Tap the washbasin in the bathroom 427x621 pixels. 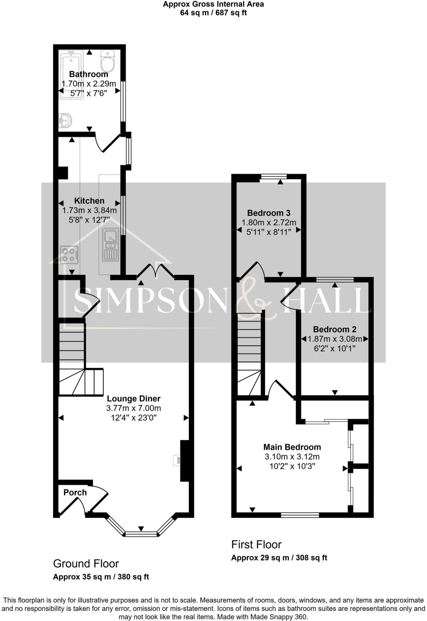click(x=65, y=120)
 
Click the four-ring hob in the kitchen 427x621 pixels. click(x=69, y=254)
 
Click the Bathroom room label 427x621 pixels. click(x=88, y=74)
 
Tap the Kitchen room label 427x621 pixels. click(x=89, y=201)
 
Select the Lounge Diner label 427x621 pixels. click(x=133, y=399)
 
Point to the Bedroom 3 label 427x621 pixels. click(x=269, y=213)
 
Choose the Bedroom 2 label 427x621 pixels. click(x=335, y=329)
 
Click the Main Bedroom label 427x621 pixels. click(x=292, y=447)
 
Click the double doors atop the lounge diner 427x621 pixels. click(x=155, y=271)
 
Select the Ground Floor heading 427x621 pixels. click(x=86, y=564)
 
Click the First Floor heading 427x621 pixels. click(x=256, y=545)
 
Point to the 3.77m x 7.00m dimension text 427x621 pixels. click(x=133, y=408)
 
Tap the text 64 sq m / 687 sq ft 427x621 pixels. click(x=213, y=13)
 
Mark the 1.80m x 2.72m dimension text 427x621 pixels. click(x=269, y=223)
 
